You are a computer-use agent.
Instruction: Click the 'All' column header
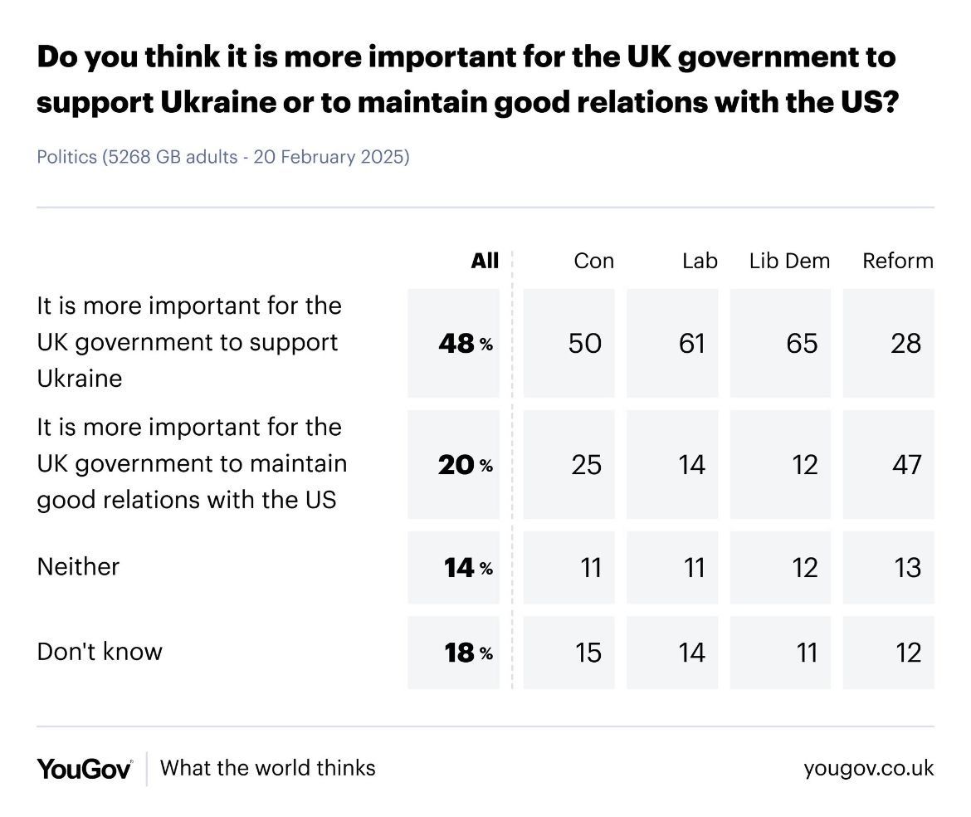pyautogui.click(x=485, y=261)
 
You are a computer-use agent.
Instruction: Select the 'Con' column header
pyautogui.click(x=593, y=261)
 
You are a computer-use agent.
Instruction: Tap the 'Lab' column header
pyautogui.click(x=700, y=261)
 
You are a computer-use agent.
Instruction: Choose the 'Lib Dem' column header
pyautogui.click(x=789, y=261)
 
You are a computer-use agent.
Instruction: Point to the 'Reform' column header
pyautogui.click(x=898, y=261)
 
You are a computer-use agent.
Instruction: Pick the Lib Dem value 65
pyautogui.click(x=801, y=343)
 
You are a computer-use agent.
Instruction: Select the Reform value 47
pyautogui.click(x=905, y=464)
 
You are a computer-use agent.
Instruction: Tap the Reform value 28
pyautogui.click(x=905, y=343)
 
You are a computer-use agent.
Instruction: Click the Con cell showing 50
pyautogui.click(x=585, y=343)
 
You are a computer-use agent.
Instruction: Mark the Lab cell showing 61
pyautogui.click(x=691, y=343)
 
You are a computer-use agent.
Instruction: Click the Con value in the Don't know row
pyautogui.click(x=588, y=653)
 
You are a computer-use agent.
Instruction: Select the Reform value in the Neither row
pyautogui.click(x=908, y=568)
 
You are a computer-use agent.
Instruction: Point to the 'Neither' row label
pyautogui.click(x=79, y=567)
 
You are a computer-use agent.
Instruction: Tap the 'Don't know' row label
pyautogui.click(x=100, y=652)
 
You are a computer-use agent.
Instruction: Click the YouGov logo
pyautogui.click(x=84, y=769)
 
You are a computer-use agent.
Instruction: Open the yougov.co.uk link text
pyautogui.click(x=868, y=769)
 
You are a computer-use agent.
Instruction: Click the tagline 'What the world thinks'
pyautogui.click(x=267, y=768)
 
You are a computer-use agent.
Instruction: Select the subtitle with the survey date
pyautogui.click(x=223, y=157)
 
